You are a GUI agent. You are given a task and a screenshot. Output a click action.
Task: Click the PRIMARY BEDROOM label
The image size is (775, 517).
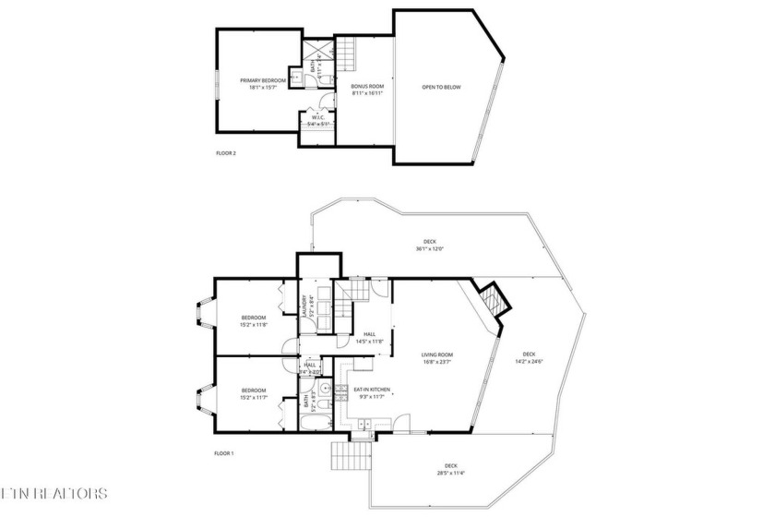pos(264,80)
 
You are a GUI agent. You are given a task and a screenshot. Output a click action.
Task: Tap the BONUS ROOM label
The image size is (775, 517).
pos(366,87)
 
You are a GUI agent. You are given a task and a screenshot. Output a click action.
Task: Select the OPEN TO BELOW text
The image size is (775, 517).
pos(441,88)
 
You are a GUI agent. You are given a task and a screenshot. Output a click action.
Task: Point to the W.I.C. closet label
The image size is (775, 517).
pos(317,116)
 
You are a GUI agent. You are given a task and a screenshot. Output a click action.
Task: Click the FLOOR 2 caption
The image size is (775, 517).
pos(226,152)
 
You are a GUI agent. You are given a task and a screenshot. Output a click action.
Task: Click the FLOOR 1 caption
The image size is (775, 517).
pos(224,453)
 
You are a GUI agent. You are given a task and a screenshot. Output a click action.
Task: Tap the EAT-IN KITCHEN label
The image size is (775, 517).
pos(372,390)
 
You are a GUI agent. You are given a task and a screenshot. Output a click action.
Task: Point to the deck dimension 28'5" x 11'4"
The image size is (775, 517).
pos(451,474)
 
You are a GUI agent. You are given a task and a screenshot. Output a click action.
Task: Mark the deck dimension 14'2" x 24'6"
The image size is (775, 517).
pos(529,361)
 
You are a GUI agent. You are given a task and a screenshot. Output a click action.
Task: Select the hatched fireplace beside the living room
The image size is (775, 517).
pos(495,299)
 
